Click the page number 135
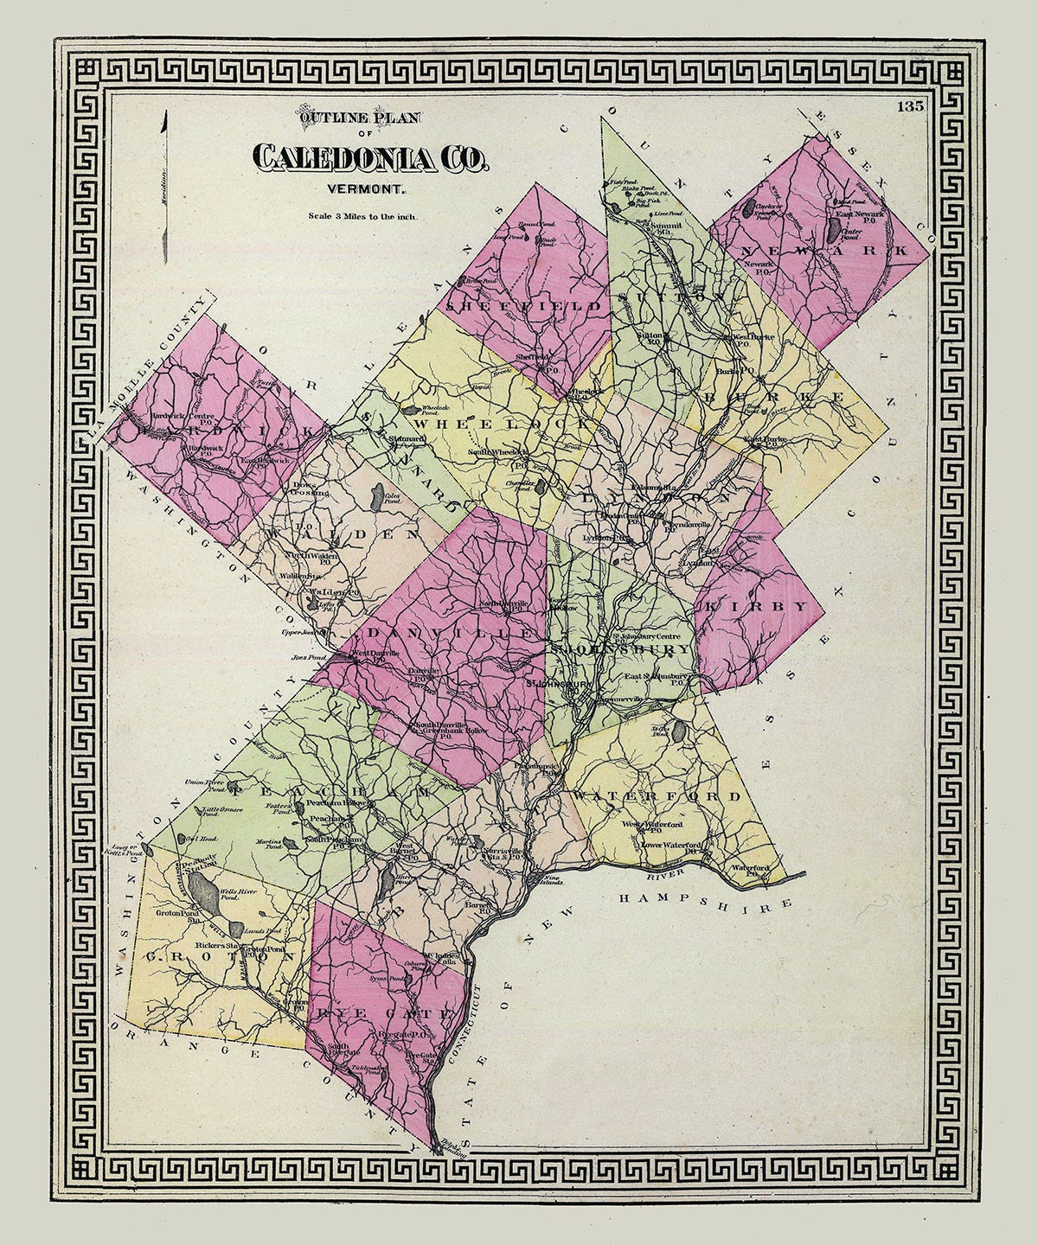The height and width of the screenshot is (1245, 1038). pos(912,107)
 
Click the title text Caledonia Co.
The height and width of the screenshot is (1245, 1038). pos(370,157)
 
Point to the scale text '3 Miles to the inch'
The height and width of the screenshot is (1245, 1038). pos(362,217)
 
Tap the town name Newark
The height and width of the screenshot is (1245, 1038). pos(833,250)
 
